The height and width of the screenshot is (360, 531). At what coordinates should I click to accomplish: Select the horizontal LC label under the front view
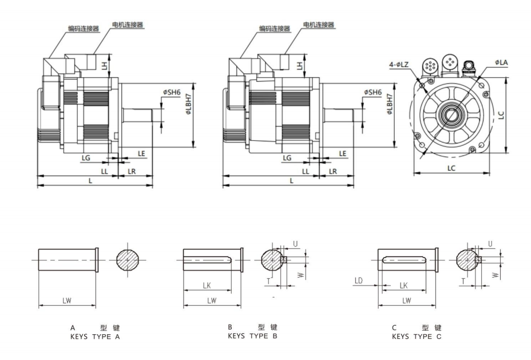[x=452, y=169]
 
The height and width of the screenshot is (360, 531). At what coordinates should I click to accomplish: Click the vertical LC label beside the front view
[x=501, y=114]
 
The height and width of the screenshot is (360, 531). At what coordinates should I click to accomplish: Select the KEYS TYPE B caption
[x=252, y=336]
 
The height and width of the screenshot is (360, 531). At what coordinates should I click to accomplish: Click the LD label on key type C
[x=359, y=280]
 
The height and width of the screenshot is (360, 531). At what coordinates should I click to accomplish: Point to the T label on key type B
[x=268, y=281]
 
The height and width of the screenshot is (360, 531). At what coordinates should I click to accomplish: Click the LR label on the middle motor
[x=332, y=171]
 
